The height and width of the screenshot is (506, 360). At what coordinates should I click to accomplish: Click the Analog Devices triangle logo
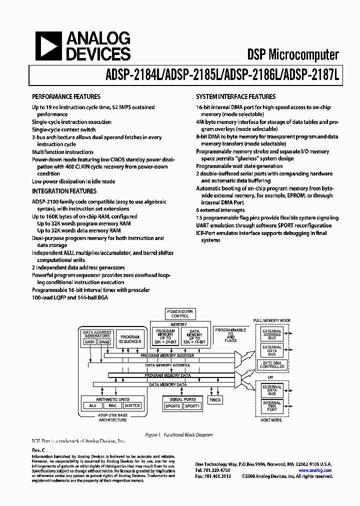(48, 46)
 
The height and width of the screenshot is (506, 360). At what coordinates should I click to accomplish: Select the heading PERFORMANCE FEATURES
(66, 97)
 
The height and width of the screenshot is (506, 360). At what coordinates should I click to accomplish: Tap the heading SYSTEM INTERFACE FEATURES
(235, 97)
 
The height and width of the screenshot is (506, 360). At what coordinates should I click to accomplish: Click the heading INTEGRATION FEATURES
(64, 191)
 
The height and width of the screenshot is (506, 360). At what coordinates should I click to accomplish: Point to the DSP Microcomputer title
(293, 55)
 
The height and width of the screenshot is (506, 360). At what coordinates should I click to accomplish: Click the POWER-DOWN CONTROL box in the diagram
(180, 314)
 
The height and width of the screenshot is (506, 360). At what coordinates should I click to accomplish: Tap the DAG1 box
(90, 342)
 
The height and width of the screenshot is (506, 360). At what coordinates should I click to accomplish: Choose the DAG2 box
(104, 342)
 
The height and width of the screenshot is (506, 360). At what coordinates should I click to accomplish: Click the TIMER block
(215, 400)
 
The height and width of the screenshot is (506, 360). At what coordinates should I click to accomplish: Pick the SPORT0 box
(172, 406)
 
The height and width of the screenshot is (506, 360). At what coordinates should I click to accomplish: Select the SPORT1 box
(192, 406)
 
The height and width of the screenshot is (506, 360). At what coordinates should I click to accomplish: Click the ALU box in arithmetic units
(92, 405)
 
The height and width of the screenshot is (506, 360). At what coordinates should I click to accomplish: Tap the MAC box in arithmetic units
(112, 405)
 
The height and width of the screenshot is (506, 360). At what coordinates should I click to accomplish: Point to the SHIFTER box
(132, 405)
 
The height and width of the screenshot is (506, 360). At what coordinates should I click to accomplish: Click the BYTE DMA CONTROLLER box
(272, 364)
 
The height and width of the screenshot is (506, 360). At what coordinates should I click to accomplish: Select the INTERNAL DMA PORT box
(272, 406)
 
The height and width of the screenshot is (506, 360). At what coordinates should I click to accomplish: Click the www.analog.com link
(315, 470)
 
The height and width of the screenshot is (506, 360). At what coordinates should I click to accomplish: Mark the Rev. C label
(38, 450)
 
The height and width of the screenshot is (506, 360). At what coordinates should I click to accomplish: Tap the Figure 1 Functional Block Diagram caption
(178, 435)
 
